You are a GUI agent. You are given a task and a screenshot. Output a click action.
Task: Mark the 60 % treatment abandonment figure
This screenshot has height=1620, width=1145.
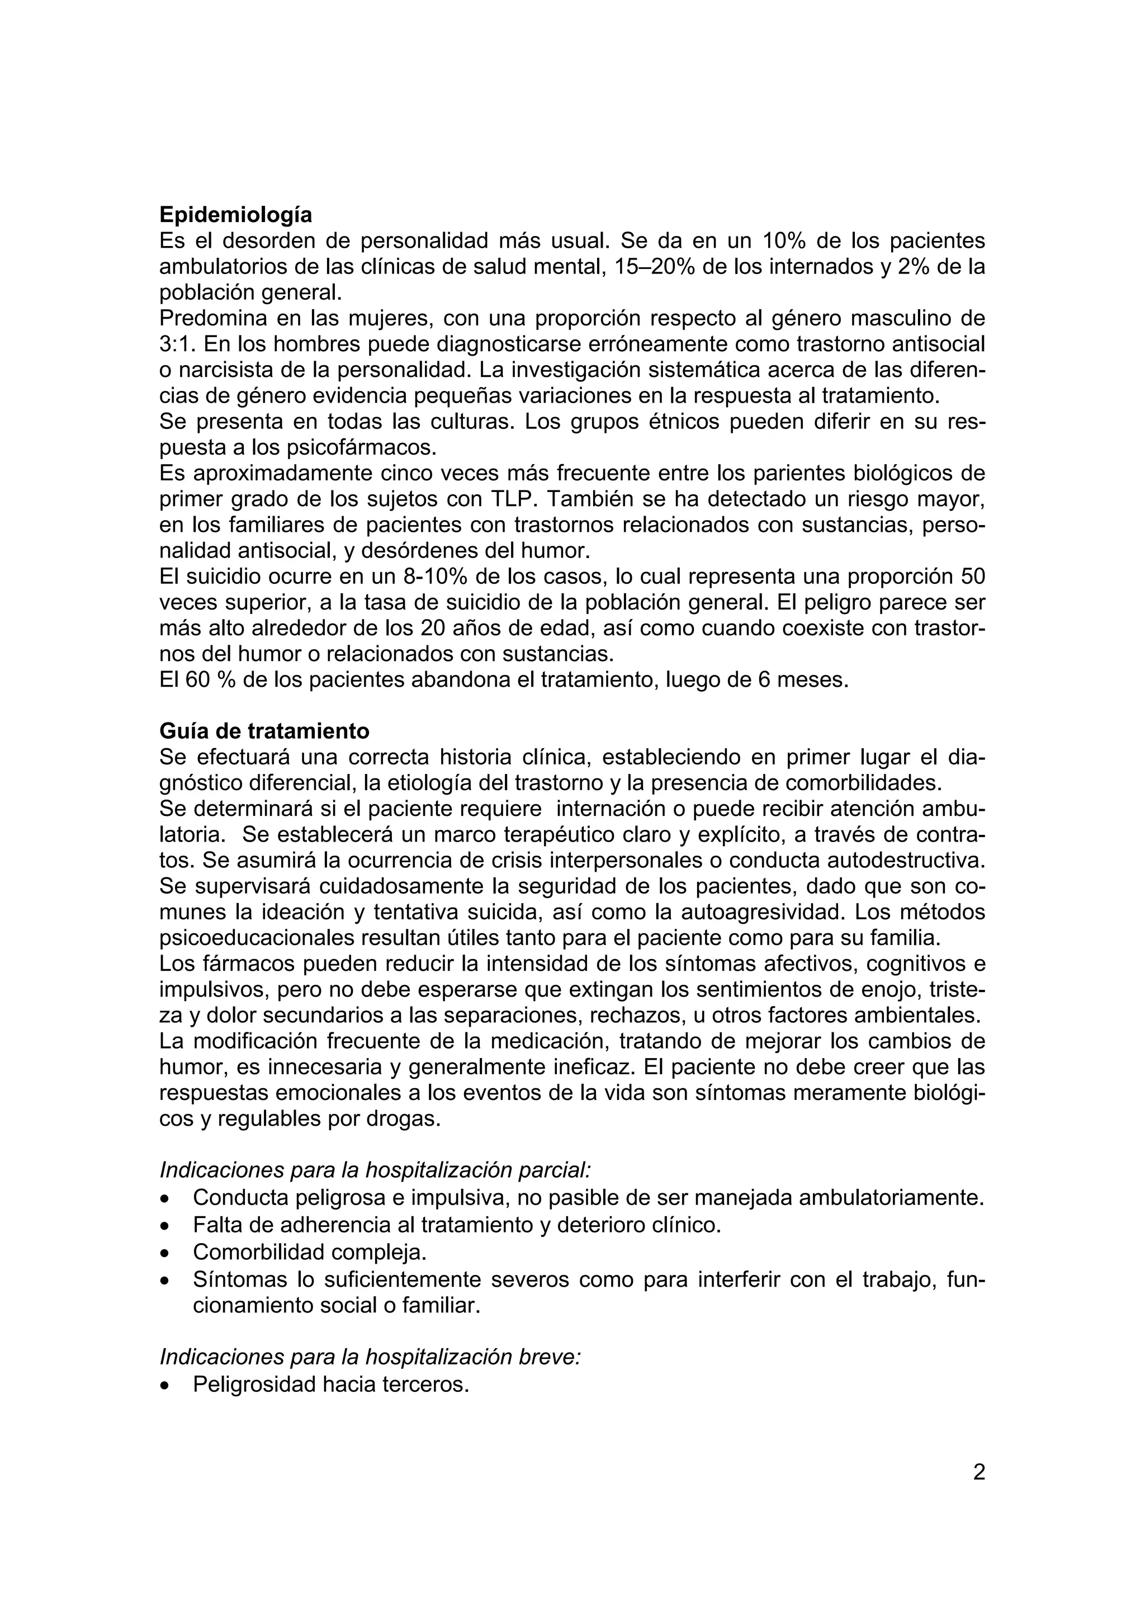[210, 679]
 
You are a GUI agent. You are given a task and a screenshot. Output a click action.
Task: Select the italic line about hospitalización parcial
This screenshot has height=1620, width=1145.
[375, 1169]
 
